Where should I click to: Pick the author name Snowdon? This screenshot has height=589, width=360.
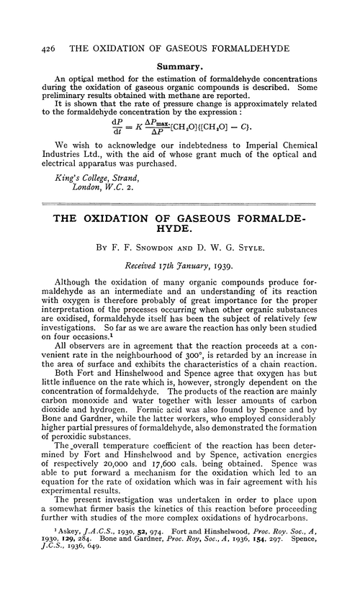coord(167,255)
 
